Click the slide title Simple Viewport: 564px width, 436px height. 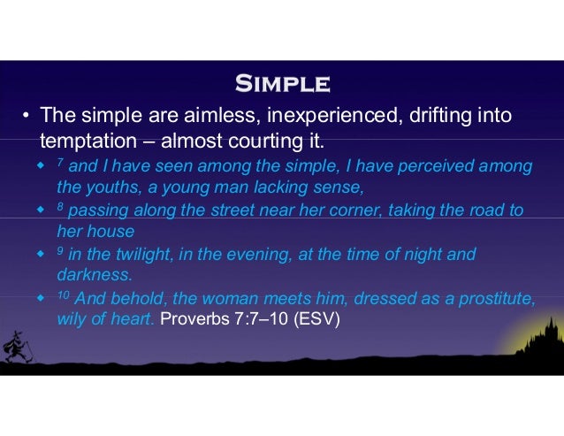click(282, 86)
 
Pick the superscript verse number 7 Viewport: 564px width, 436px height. click(60, 164)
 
